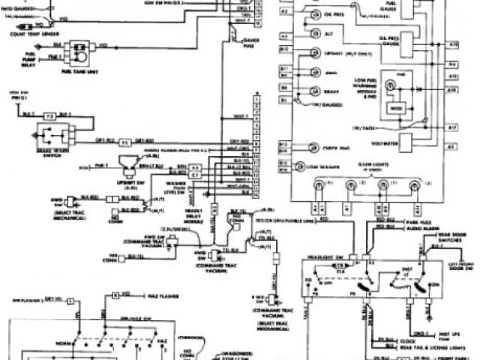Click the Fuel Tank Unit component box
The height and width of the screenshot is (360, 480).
click(77, 53)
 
